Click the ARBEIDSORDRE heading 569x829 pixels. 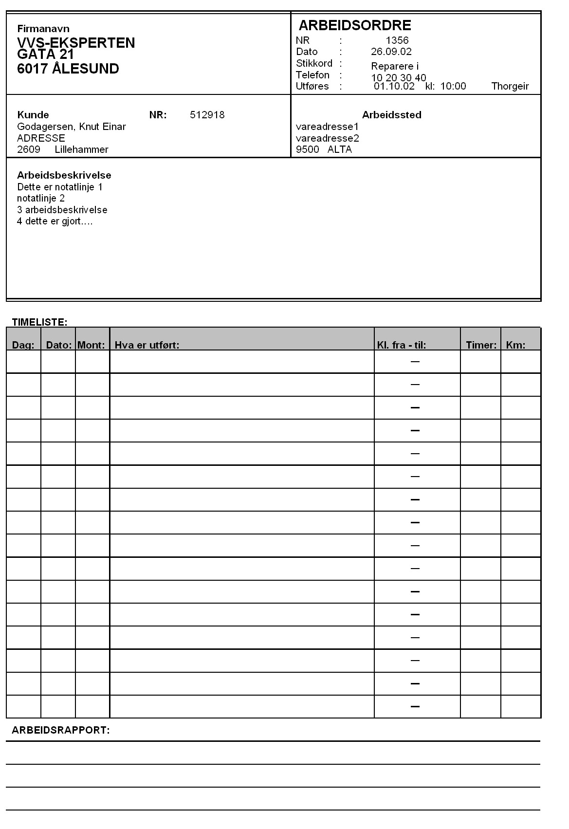pos(354,25)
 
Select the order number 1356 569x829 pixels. pos(397,40)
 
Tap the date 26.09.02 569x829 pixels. pos(391,52)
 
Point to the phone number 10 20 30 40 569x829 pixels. pos(399,78)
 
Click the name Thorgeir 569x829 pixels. pos(510,87)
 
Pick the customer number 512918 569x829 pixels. pos(207,115)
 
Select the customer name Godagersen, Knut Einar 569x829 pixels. pos(72,127)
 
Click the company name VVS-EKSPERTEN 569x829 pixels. pos(76,43)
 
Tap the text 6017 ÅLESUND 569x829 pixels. pos(68,69)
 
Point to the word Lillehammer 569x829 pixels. pos(81,149)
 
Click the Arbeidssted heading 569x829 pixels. pos(392,115)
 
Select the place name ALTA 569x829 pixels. pos(340,149)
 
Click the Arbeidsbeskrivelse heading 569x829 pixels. pos(64,175)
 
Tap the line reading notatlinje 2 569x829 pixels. pos(41,198)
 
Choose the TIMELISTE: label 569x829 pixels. pos(39,322)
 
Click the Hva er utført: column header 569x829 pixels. pos(147,345)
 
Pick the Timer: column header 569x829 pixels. pos(481,345)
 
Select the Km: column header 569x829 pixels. pos(515,345)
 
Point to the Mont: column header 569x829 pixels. pos(92,345)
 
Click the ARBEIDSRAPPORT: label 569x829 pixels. pos(61,730)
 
